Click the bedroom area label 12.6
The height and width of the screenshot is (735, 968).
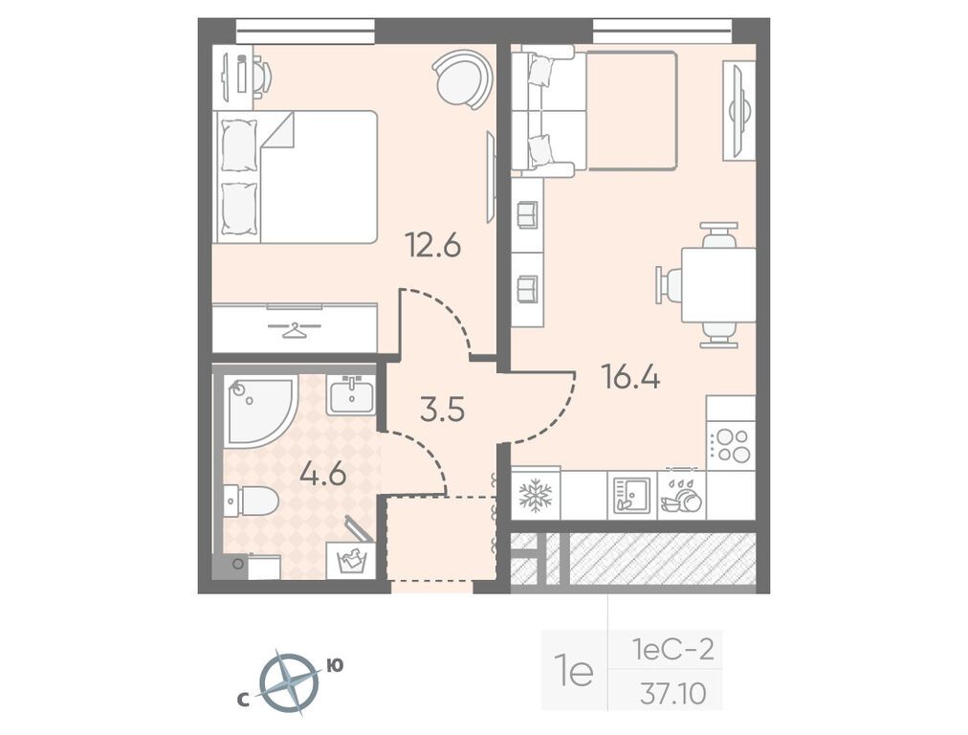432,247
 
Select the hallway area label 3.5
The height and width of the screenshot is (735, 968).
442,410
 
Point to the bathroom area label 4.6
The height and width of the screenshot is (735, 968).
321,475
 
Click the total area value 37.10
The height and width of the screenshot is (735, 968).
673,694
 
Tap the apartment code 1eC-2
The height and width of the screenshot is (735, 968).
672,651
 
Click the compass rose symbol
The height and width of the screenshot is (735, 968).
289,683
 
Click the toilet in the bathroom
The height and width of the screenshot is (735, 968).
252,500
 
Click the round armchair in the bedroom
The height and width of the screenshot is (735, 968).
462,78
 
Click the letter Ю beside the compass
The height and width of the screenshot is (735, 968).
335,665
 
